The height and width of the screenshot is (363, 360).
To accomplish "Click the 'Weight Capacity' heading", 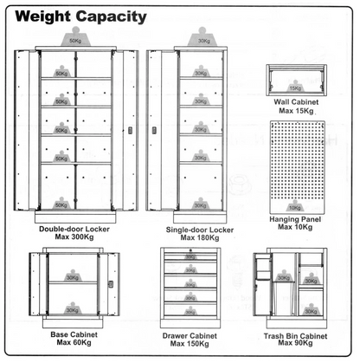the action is click(80, 17).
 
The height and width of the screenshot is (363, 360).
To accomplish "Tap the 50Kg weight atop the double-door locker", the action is click(75, 36).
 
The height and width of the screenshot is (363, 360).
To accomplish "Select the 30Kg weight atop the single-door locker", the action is click(203, 37).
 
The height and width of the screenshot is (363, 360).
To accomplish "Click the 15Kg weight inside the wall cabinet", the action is click(295, 87).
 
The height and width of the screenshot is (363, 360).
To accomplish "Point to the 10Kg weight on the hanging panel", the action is click(294, 206).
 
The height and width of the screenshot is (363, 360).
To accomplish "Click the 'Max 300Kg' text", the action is click(74, 237).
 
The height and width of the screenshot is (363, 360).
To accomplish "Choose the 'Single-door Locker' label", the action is click(200, 230).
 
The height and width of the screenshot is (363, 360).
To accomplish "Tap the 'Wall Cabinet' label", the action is click(296, 102).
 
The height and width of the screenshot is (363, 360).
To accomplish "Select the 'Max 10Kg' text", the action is click(295, 227).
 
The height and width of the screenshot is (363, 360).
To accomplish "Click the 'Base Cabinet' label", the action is click(74, 334).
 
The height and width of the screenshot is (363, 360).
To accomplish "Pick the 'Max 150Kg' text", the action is click(190, 344).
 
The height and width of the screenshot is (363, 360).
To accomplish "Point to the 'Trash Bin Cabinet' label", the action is click(295, 336).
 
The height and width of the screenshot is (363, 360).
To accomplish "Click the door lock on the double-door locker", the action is click(130, 130).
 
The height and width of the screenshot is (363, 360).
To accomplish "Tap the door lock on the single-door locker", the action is click(154, 130).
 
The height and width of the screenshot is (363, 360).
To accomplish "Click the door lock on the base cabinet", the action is click(111, 284).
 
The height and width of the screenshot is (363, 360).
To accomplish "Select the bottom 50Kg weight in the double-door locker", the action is click(61, 204).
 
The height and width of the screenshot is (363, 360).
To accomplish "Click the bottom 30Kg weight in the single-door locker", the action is click(200, 204).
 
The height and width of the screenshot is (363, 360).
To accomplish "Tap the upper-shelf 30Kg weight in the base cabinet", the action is click(73, 275).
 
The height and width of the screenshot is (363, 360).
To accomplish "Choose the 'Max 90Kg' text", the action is click(295, 343).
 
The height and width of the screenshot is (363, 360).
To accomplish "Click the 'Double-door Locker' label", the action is click(74, 230).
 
